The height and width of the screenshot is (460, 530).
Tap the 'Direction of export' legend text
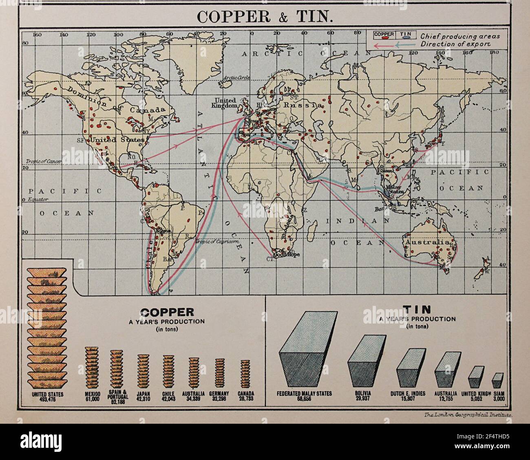(x=456, y=44)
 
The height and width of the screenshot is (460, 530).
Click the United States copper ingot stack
(x=47, y=328)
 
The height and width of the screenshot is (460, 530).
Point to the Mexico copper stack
(x=92, y=367)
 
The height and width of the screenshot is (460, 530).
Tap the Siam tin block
(x=497, y=380)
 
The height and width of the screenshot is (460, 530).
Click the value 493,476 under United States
(x=47, y=400)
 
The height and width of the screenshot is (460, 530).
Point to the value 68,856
(x=305, y=399)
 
